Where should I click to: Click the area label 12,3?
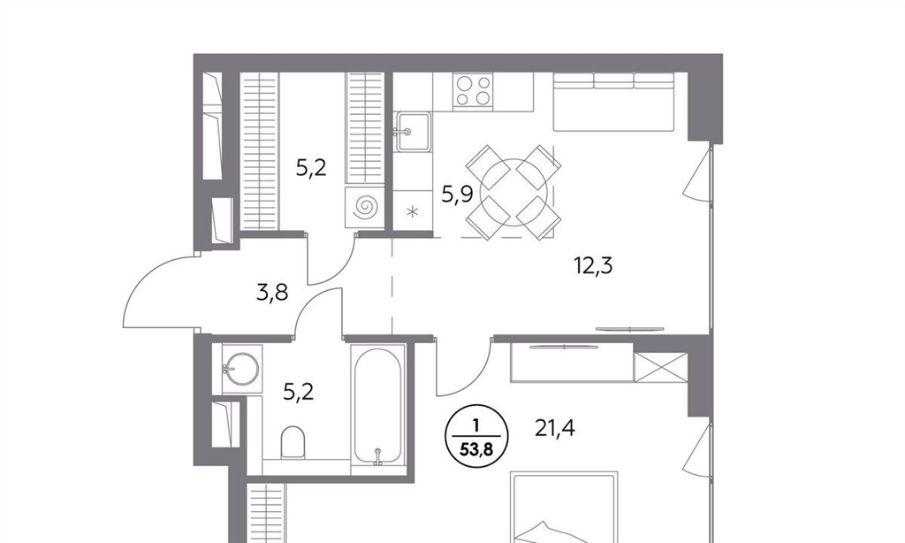pyautogui.click(x=593, y=266)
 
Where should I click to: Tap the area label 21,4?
pyautogui.click(x=555, y=429)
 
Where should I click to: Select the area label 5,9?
pyautogui.click(x=458, y=194)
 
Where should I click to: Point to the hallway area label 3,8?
pyautogui.click(x=272, y=293)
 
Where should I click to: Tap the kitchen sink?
pyautogui.click(x=412, y=133)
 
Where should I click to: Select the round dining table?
pyautogui.click(x=513, y=193)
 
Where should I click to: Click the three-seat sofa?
pyautogui.click(x=614, y=102)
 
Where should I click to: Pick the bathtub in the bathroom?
pyautogui.click(x=378, y=407)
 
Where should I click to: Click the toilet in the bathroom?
pyautogui.click(x=293, y=442)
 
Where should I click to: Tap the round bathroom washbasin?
pyautogui.click(x=242, y=369)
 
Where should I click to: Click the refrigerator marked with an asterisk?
pyautogui.click(x=412, y=210)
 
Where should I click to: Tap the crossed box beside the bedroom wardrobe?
pyautogui.click(x=661, y=367)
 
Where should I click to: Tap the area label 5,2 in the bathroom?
pyautogui.click(x=299, y=393)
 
